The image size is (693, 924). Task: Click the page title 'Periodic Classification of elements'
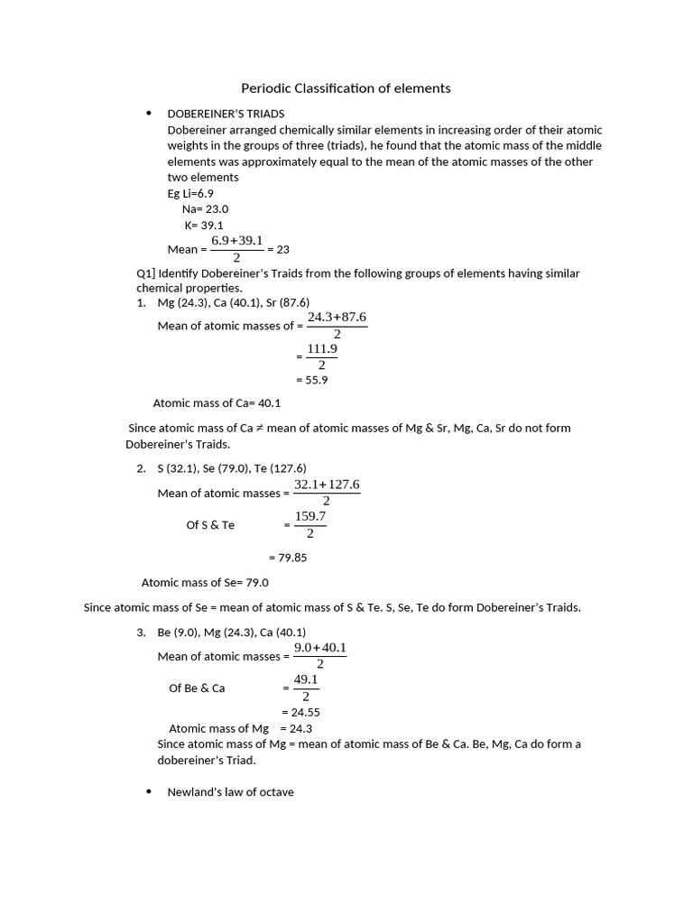pyautogui.click(x=346, y=88)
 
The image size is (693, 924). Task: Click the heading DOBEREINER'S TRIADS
pyautogui.click(x=226, y=114)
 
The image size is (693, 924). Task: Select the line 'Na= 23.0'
pyautogui.click(x=205, y=208)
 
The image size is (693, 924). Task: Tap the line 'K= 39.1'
pyautogui.click(x=204, y=225)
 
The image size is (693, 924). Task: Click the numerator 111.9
pyautogui.click(x=321, y=348)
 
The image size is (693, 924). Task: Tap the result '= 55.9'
pyautogui.click(x=311, y=380)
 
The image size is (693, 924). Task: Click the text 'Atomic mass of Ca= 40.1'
pyautogui.click(x=217, y=403)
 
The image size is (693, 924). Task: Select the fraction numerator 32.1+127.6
pyautogui.click(x=327, y=485)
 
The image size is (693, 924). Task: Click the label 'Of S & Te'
pyautogui.click(x=210, y=525)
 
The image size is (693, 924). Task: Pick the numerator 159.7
pyautogui.click(x=310, y=516)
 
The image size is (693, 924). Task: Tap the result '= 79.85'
pyautogui.click(x=288, y=558)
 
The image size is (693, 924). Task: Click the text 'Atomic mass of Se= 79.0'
pyautogui.click(x=205, y=582)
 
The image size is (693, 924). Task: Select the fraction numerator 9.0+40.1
pyautogui.click(x=319, y=648)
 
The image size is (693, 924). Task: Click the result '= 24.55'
pyautogui.click(x=300, y=712)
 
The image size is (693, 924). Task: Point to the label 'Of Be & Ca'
pyautogui.click(x=197, y=688)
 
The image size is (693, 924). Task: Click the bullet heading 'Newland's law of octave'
pyautogui.click(x=230, y=792)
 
